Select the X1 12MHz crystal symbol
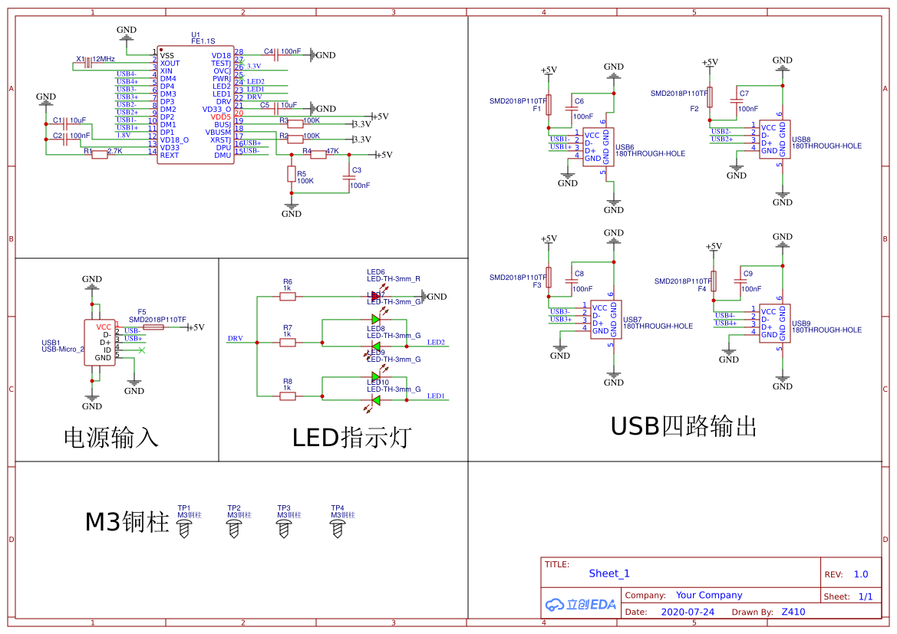click(88, 61)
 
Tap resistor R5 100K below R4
click(292, 175)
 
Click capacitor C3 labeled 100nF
click(349, 178)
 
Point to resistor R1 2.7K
click(100, 155)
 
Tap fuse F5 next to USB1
click(153, 327)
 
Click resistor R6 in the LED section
click(288, 296)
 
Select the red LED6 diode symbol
click(376, 296)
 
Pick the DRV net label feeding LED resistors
click(235, 338)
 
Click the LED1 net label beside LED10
click(436, 396)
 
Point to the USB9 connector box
click(775, 324)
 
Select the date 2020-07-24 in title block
click(688, 612)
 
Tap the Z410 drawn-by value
click(793, 612)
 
